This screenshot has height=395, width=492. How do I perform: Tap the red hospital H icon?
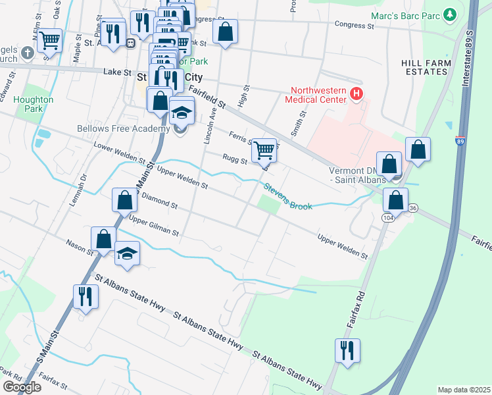[x=357, y=94]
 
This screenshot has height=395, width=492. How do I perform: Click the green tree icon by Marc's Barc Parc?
[x=450, y=14]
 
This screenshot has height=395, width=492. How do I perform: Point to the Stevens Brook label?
[x=288, y=197]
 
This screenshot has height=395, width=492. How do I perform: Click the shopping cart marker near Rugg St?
[x=264, y=149]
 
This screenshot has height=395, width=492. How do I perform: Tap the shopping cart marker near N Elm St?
[x=50, y=40]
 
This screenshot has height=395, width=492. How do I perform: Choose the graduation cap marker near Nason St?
[x=127, y=253]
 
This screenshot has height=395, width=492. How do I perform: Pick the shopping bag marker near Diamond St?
[x=124, y=200]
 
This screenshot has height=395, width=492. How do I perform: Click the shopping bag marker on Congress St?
[x=225, y=32]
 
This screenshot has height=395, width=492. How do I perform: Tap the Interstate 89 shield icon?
[x=458, y=141]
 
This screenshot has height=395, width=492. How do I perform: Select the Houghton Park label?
[x=34, y=103]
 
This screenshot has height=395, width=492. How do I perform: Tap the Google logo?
[x=22, y=387]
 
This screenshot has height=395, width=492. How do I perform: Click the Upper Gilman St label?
[x=154, y=225]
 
